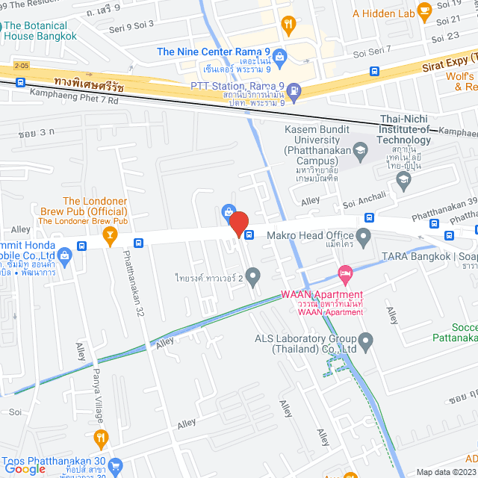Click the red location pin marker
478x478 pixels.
pyautogui.click(x=238, y=223)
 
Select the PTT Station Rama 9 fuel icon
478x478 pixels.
pyautogui.click(x=294, y=93)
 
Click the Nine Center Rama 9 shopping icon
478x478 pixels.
pyautogui.click(x=279, y=56)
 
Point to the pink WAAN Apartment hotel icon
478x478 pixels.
pyautogui.click(x=344, y=274)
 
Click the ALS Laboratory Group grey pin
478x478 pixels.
pyautogui.click(x=366, y=342)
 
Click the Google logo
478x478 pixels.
pyautogui.click(x=25, y=468)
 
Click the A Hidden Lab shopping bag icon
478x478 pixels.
pyautogui.click(x=424, y=13)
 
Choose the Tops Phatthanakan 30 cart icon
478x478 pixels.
pyautogui.click(x=115, y=467)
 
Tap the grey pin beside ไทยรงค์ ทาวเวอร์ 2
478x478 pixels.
pyautogui.click(x=253, y=279)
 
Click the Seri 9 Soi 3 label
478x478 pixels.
pyautogui.click(x=131, y=25)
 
